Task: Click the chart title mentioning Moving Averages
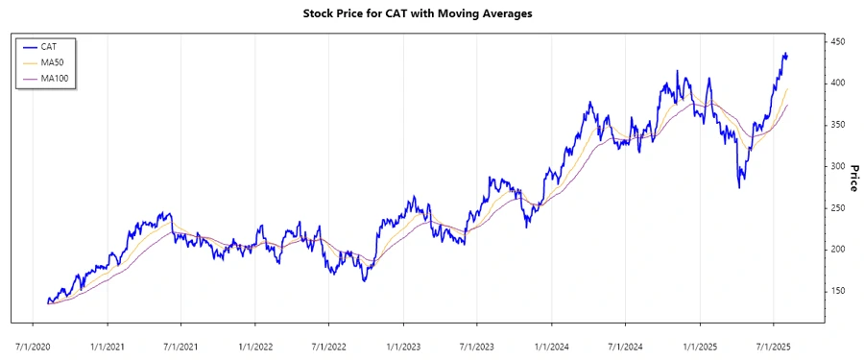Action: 431,14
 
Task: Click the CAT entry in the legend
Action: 49,46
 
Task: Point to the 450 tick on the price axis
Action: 839,42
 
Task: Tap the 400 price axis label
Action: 839,84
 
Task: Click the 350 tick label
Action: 839,125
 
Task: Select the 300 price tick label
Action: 839,166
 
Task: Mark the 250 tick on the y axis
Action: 839,208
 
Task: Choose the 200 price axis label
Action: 839,250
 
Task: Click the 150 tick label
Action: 839,291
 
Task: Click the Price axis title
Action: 852,176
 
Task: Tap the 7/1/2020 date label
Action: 34,343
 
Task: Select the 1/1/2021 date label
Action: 108,343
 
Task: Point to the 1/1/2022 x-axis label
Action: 255,343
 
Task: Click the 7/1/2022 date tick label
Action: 328,343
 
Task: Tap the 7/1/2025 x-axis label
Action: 773,343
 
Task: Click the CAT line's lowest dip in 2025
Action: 738,187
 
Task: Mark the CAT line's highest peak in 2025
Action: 784,54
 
